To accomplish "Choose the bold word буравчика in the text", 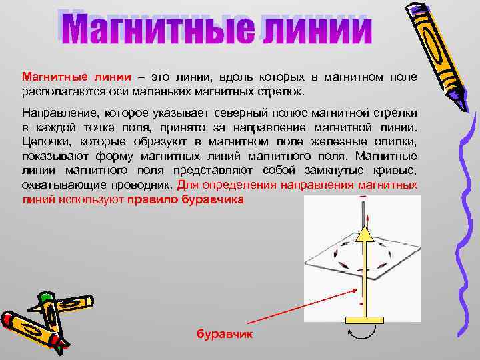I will (x=216, y=199).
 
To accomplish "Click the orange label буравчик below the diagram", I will (x=225, y=333).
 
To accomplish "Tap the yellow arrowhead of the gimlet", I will (x=363, y=233).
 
